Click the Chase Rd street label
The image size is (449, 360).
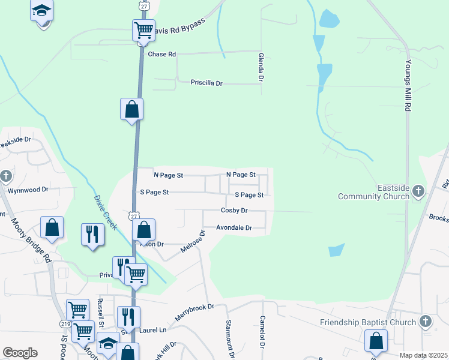(161, 54)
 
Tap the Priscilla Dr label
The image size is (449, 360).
(206, 83)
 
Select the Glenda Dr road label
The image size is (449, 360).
(261, 67)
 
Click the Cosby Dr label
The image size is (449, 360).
(234, 211)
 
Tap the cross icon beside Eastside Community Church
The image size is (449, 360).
(418, 191)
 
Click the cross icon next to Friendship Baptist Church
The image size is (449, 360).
(426, 322)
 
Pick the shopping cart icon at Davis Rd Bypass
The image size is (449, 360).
(143, 29)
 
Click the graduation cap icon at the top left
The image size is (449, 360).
(42, 11)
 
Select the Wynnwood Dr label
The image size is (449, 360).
(28, 190)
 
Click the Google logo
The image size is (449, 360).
(20, 353)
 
